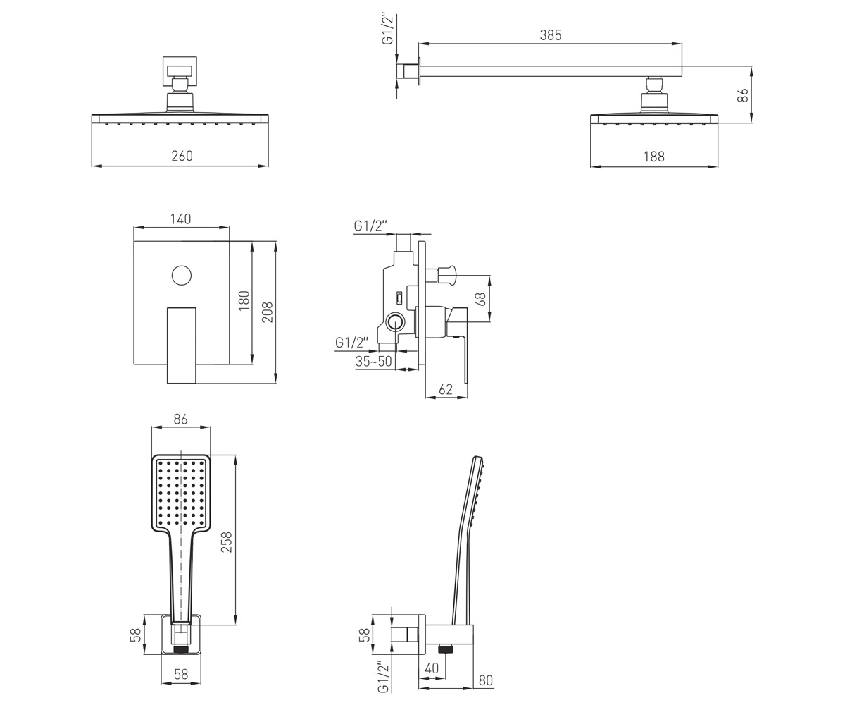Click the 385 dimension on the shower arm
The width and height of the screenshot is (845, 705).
pos(551,35)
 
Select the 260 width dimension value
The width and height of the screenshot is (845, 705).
pos(182,156)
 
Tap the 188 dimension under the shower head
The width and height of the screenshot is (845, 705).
pos(654,157)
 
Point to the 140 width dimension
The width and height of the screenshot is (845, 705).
pos(180,219)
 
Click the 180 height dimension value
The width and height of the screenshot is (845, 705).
pos(244,300)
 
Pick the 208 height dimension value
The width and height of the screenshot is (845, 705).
pos(267,312)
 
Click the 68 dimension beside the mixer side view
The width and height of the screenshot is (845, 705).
pos(482,299)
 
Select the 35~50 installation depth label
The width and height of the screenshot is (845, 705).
pos(373,362)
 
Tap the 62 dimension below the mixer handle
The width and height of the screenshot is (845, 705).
pos(446,389)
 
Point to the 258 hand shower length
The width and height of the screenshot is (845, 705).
pos(226,542)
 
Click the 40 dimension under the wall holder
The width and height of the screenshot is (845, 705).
pos(432,668)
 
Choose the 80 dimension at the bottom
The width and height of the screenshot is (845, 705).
pos(486,681)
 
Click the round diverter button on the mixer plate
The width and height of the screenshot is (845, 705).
pos(181,276)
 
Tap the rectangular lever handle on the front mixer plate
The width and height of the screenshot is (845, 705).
pos(182,345)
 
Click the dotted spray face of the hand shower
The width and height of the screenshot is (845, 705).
pos(181,491)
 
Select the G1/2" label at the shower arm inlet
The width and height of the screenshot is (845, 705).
pos(388,30)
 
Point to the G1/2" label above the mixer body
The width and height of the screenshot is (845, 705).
pos(370,226)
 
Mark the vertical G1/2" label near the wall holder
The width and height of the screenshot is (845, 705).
pos(383,678)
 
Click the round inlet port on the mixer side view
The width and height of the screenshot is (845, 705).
pos(394,322)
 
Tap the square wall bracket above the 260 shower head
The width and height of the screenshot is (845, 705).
pos(180,71)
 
